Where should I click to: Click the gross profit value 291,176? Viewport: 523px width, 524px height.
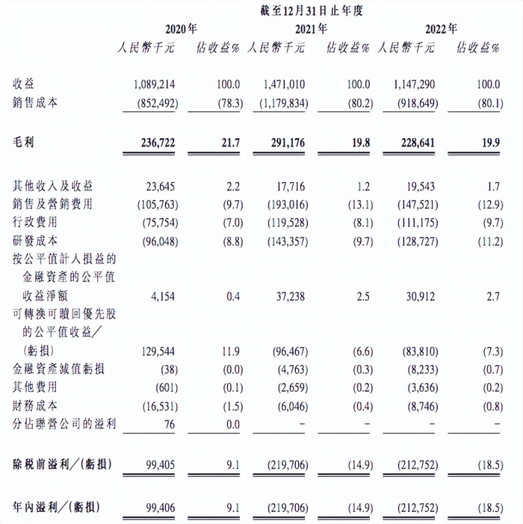tap(284, 143)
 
